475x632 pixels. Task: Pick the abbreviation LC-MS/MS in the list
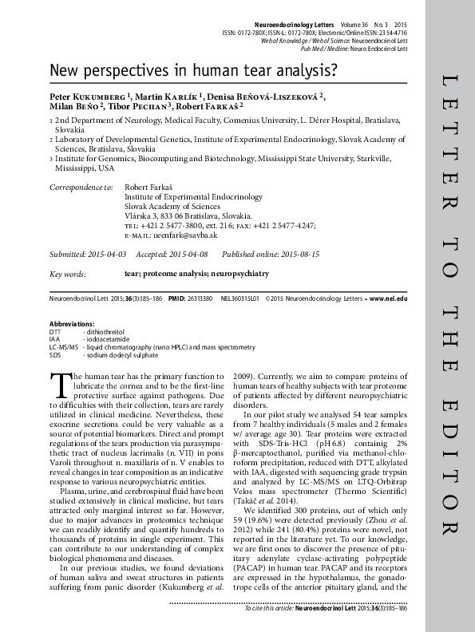tap(63, 347)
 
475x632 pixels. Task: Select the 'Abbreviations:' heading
tap(72, 322)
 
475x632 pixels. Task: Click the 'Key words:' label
tap(68, 274)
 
